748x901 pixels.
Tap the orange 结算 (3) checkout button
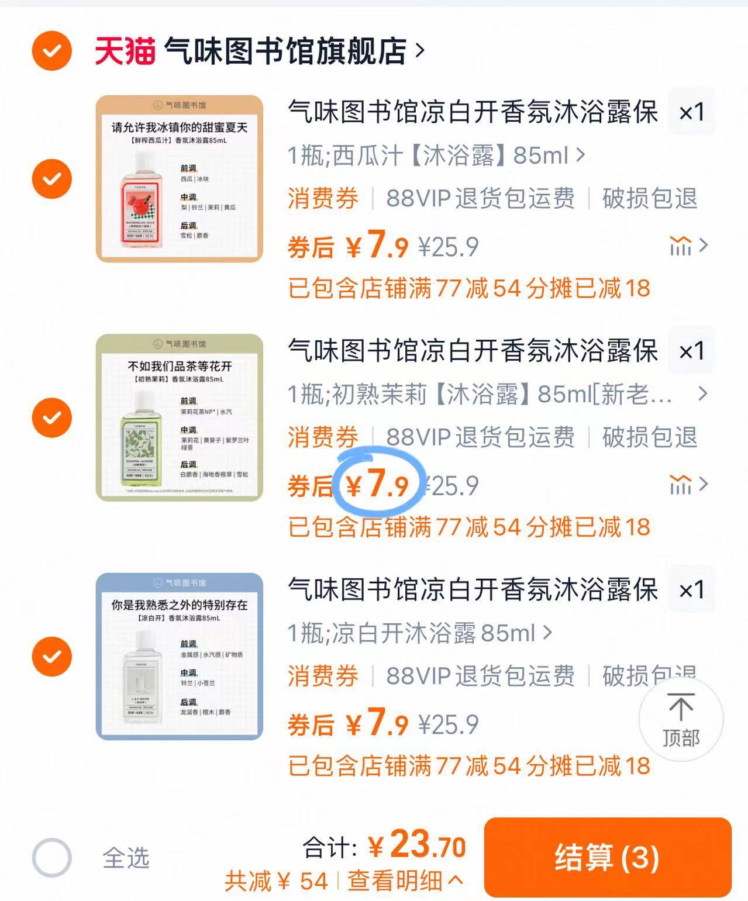click(607, 857)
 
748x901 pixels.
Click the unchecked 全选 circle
click(52, 858)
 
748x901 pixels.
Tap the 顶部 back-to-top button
click(680, 720)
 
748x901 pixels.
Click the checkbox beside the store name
click(52, 51)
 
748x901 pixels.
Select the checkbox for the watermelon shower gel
click(52, 178)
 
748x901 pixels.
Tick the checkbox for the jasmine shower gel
click(52, 417)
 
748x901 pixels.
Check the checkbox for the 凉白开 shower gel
click(52, 656)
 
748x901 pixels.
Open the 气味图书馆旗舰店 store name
click(285, 51)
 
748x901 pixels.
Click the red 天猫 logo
click(125, 51)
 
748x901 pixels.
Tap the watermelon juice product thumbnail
click(179, 178)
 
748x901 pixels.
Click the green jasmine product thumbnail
click(179, 417)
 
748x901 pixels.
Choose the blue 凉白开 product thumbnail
click(179, 656)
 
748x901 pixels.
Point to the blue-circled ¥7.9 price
click(378, 484)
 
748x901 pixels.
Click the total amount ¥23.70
click(417, 845)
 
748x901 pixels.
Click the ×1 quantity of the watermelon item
click(691, 112)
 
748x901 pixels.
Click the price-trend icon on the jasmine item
click(681, 484)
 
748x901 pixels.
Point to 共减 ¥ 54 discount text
click(276, 881)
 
